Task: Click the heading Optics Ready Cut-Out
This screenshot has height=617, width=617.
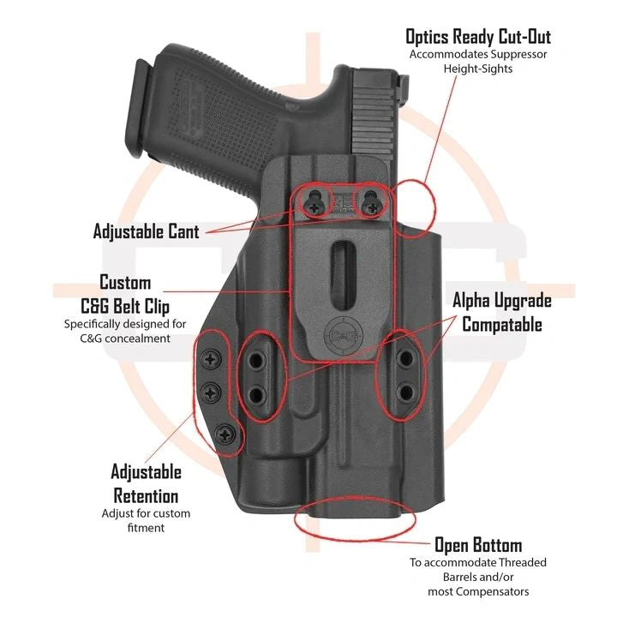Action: (x=478, y=36)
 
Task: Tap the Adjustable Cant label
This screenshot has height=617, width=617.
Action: (x=147, y=231)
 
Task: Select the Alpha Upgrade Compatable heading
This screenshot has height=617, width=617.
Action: (x=502, y=312)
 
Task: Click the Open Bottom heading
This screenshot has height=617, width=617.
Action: (x=477, y=545)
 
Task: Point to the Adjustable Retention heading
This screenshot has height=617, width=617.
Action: (x=146, y=483)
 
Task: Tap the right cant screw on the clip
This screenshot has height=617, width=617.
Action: (x=371, y=204)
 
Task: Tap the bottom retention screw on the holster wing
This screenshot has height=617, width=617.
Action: (x=225, y=434)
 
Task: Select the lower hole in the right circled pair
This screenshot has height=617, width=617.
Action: (x=406, y=392)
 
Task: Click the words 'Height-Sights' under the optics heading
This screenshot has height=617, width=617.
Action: (x=478, y=69)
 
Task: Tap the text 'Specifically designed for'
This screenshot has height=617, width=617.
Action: (x=124, y=324)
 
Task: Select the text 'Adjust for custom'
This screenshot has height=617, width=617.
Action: (x=146, y=513)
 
